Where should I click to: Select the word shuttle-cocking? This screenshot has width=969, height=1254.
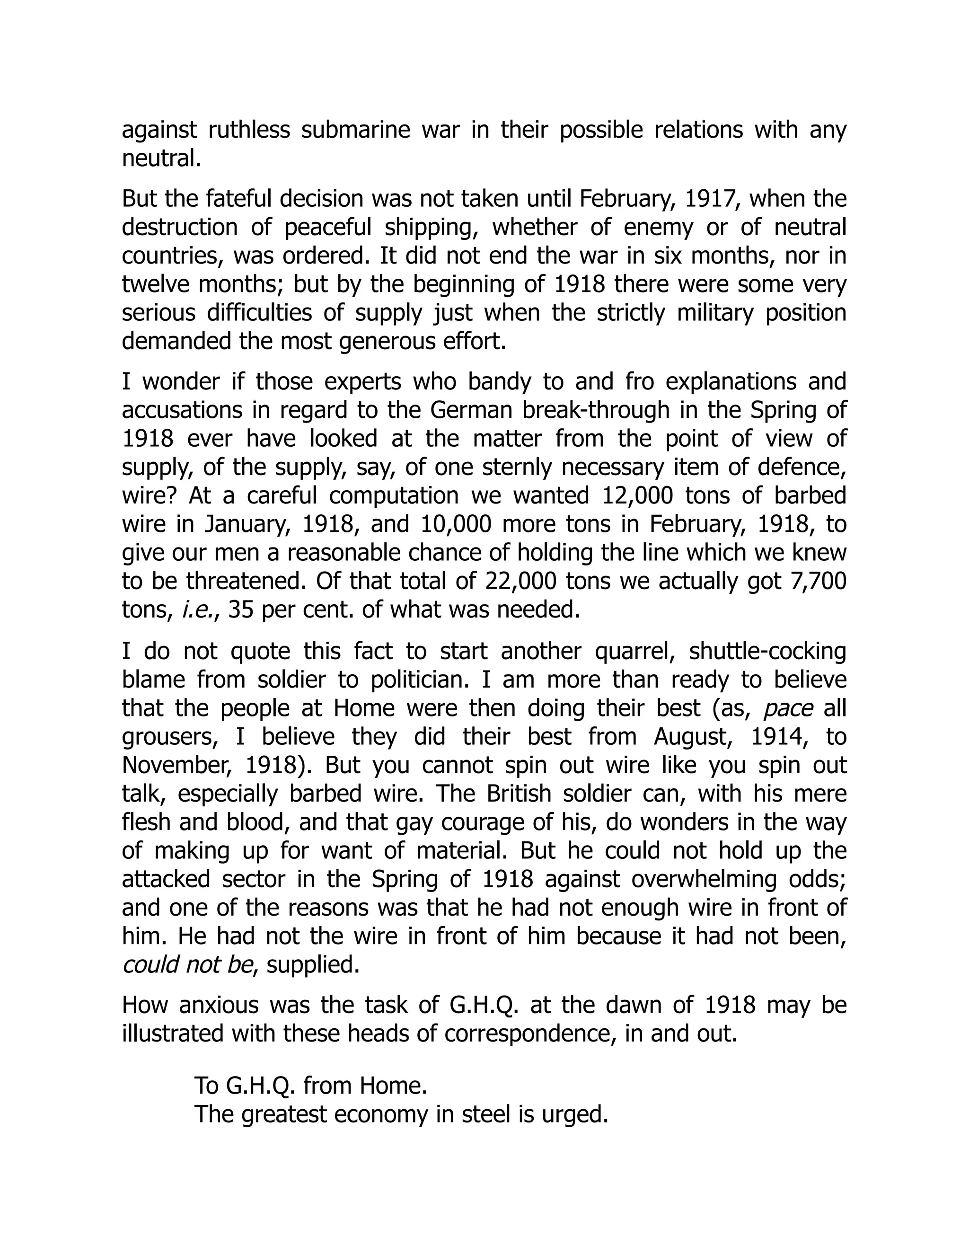coord(767,651)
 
